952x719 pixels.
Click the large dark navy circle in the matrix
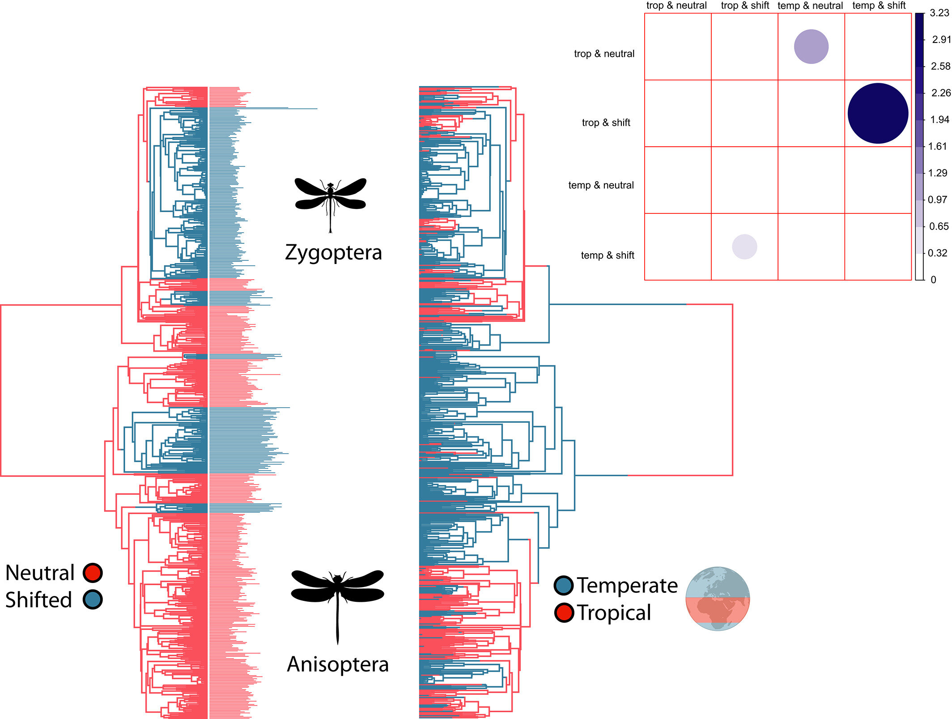tap(878, 113)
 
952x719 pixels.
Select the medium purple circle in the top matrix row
tap(811, 47)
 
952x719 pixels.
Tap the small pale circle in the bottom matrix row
tap(744, 247)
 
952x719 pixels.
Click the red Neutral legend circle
tap(93, 573)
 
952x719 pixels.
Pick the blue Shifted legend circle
tap(93, 600)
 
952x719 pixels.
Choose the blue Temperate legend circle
tap(564, 586)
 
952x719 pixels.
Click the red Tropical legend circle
tap(564, 613)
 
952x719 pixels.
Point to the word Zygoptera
tap(333, 253)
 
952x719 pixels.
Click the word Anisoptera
tap(338, 664)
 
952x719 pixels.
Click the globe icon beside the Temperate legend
tap(718, 599)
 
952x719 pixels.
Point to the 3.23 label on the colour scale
tap(939, 13)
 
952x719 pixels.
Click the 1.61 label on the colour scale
tap(937, 146)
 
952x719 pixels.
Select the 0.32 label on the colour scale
tap(937, 253)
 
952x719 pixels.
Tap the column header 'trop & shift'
tap(745, 5)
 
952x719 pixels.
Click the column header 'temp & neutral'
tap(810, 5)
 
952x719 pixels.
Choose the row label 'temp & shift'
tap(608, 255)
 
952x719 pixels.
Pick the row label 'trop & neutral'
tap(604, 54)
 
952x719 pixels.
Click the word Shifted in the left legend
tap(38, 600)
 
